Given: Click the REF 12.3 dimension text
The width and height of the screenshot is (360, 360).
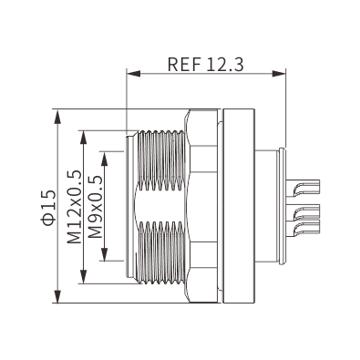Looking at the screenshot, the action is pos(205,65).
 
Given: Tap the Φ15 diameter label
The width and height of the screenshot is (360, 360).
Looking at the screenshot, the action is pos(49,208).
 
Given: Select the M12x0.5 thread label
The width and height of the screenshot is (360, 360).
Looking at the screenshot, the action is pos(75,207).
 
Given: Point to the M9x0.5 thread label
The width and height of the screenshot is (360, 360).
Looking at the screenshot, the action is pos(94,207).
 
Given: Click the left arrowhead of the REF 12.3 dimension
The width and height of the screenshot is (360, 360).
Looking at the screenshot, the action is pos(133,74).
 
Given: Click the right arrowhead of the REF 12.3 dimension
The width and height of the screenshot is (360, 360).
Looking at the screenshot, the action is pos(279,74).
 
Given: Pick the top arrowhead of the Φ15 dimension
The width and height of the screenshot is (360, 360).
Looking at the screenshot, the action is pos(57,116).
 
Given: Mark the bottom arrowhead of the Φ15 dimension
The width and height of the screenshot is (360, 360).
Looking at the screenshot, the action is pos(57,296).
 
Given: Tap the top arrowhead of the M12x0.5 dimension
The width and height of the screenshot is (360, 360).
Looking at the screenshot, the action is pos(83,138).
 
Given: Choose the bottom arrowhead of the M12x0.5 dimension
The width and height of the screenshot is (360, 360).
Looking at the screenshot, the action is pos(83,276).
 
